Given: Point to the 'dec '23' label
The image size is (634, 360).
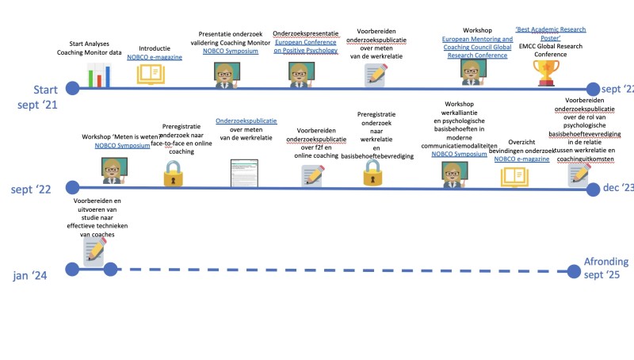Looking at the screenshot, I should pos(617,188).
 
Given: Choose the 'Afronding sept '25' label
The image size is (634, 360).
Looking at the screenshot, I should pos(606,269).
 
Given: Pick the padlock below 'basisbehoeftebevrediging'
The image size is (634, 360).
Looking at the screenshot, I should pos(372,173).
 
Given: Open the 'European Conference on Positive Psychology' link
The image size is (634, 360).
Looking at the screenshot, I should pos(305,45).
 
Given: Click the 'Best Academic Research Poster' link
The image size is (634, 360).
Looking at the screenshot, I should pos(551,34).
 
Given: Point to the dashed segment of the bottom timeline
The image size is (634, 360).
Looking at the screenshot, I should pos(341,270).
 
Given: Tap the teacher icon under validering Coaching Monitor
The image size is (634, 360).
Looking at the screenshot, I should pos(228,73).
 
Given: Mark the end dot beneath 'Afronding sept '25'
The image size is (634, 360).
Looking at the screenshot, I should pos(576,271).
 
